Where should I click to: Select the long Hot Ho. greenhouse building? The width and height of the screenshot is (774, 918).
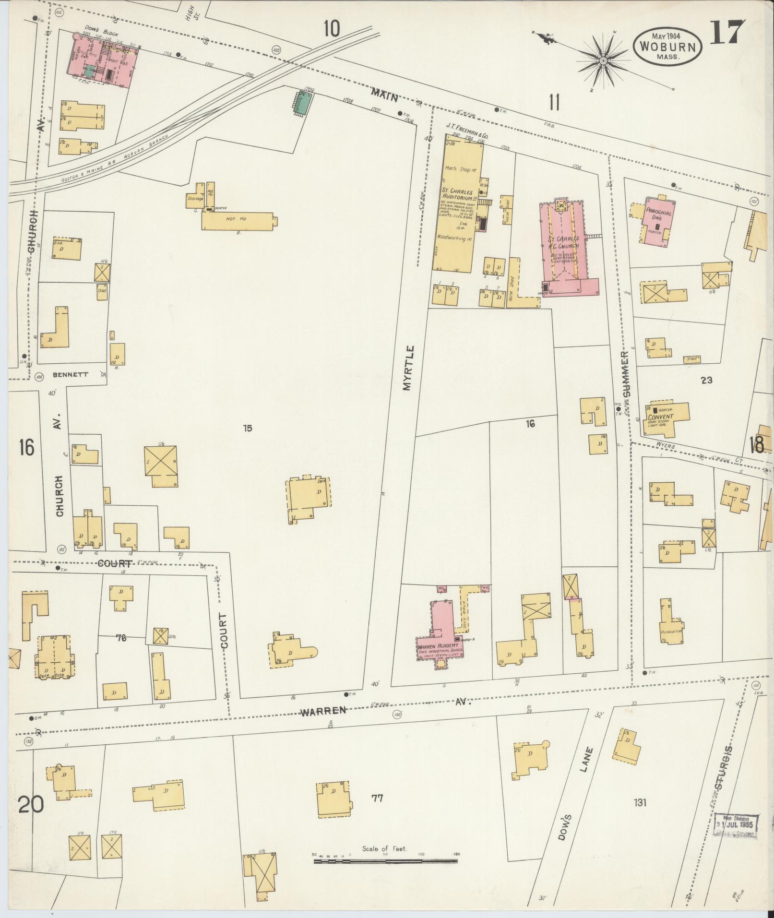[x=238, y=220]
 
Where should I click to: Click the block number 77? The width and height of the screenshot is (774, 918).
[x=378, y=799]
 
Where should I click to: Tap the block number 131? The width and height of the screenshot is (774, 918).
[x=641, y=802]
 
